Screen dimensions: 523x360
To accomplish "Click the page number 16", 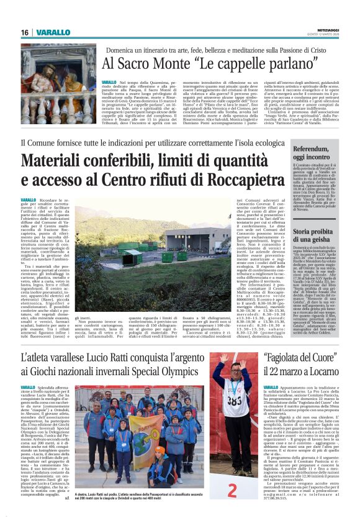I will [24, 32].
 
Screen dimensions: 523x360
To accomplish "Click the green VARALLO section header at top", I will [48, 32].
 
